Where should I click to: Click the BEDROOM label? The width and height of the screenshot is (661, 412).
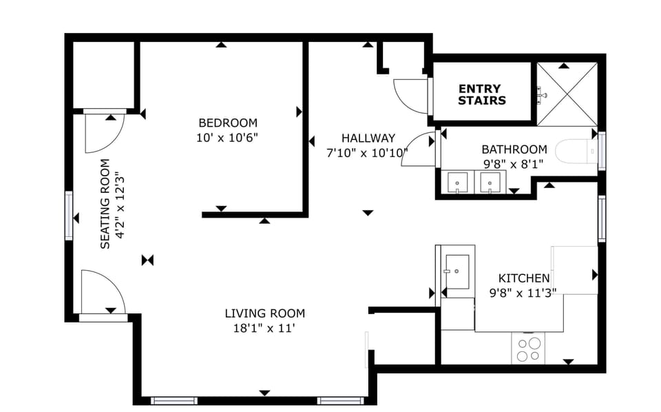(227, 123)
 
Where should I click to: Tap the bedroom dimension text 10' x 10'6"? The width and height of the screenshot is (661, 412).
(227, 137)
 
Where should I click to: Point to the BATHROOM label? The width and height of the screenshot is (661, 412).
(514, 149)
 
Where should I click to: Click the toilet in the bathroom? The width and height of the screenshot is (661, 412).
(575, 151)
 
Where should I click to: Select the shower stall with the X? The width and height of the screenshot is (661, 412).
(566, 94)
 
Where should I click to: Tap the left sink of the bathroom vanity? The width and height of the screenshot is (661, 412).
(458, 183)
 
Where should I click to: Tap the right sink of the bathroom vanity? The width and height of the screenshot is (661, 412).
(490, 183)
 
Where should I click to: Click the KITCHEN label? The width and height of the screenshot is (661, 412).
(523, 278)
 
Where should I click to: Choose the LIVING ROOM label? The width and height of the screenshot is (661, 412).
(264, 313)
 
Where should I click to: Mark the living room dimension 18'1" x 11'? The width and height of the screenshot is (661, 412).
(264, 329)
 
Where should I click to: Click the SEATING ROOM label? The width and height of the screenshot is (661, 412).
(105, 204)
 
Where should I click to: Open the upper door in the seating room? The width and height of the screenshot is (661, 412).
(102, 132)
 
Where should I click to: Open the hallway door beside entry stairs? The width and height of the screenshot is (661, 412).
(411, 95)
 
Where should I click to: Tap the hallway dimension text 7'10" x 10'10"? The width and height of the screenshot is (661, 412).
(367, 152)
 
